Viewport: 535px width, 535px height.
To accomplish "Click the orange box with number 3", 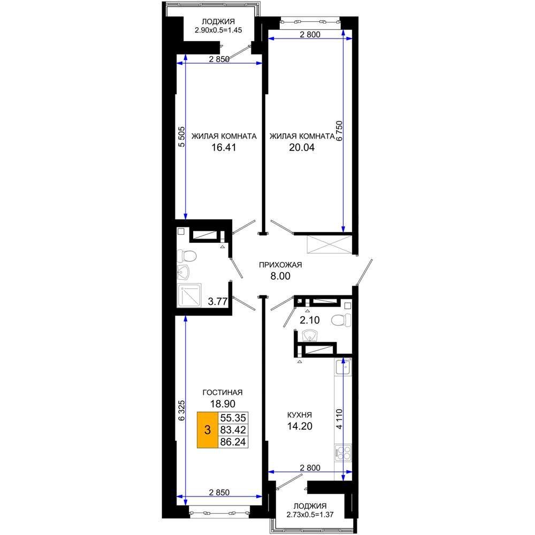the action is pyautogui.click(x=208, y=430).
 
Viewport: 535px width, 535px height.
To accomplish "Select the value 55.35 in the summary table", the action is pyautogui.click(x=233, y=418).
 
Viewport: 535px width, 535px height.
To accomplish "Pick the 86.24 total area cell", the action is pyautogui.click(x=233, y=442).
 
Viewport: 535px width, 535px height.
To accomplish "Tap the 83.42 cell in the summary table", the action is pyautogui.click(x=233, y=430).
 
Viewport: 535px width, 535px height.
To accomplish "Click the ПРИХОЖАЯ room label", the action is pyautogui.click(x=280, y=265).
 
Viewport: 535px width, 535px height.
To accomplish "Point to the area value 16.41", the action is pyautogui.click(x=224, y=148).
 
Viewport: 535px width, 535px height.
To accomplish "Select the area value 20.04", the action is pyautogui.click(x=302, y=148).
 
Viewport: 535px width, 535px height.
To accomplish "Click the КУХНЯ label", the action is pyautogui.click(x=300, y=415).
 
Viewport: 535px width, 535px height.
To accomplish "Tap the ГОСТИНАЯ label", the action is pyautogui.click(x=223, y=392).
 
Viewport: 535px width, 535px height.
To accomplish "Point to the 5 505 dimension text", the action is pyautogui.click(x=181, y=137).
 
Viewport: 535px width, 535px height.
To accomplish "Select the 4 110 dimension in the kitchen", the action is pyautogui.click(x=339, y=419).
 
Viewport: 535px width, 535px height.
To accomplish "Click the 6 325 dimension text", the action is pyautogui.click(x=181, y=410).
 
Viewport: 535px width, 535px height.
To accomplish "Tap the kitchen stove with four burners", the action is pyautogui.click(x=343, y=453).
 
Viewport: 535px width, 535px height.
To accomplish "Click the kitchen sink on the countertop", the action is pyautogui.click(x=343, y=367).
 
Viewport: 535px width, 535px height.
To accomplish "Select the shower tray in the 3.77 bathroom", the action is pyautogui.click(x=189, y=295).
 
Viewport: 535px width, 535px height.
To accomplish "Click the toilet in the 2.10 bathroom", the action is pyautogui.click(x=341, y=320).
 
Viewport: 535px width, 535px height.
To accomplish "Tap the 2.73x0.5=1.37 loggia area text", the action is pyautogui.click(x=310, y=515).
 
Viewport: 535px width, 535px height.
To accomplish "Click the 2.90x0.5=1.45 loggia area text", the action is pyautogui.click(x=218, y=30).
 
